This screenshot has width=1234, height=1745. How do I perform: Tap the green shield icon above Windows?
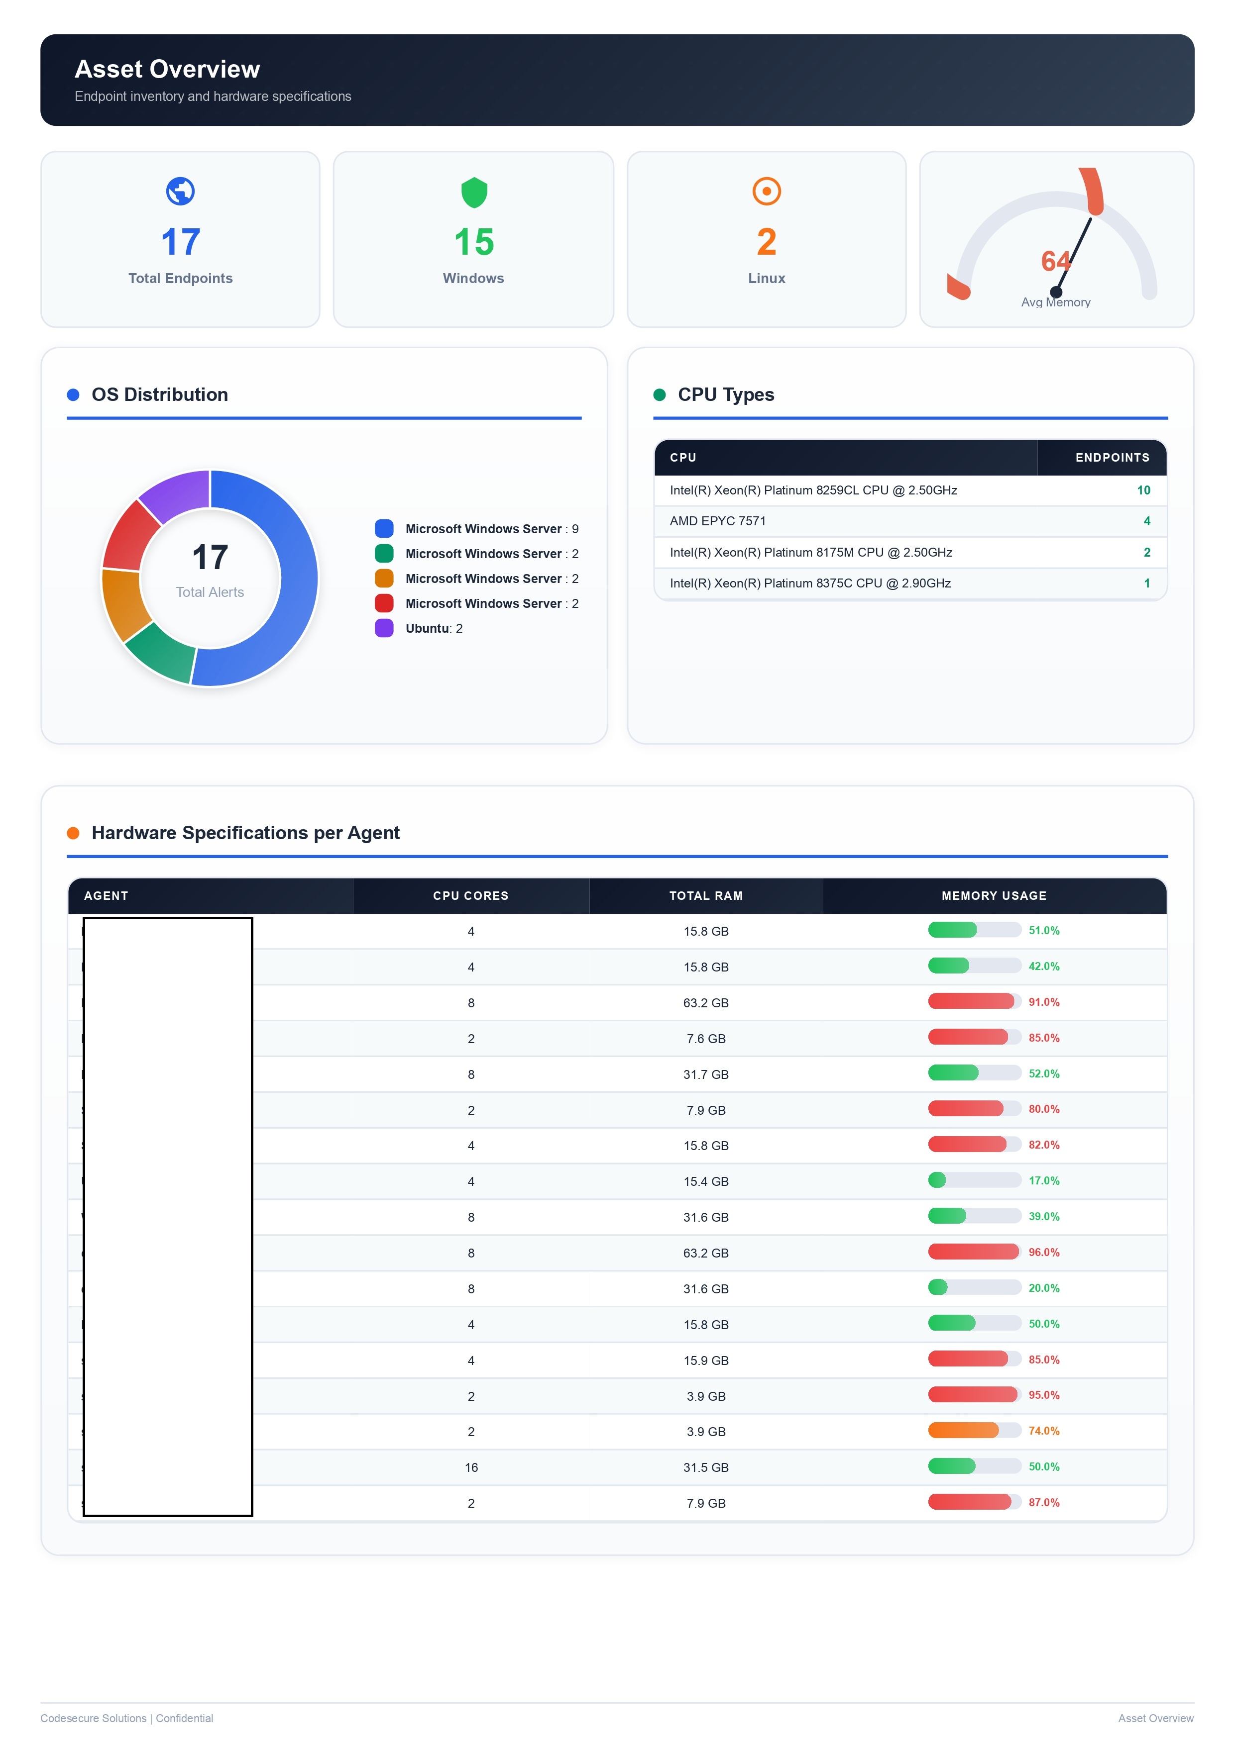pyautogui.click(x=474, y=193)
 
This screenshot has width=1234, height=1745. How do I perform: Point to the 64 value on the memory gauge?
pyautogui.click(x=1055, y=262)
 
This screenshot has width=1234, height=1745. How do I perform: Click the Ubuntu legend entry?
pyautogui.click(x=434, y=629)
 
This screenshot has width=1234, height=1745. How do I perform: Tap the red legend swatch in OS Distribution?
pyautogui.click(x=384, y=603)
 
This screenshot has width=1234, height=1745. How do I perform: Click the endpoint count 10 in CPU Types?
pyautogui.click(x=1143, y=490)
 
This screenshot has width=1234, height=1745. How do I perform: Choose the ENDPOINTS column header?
pyautogui.click(x=1112, y=458)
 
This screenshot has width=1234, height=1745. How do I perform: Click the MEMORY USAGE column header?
pyautogui.click(x=993, y=896)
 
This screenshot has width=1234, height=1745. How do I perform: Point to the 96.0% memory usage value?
pyautogui.click(x=1043, y=1253)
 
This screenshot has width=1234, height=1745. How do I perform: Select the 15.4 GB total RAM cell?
pyautogui.click(x=705, y=1182)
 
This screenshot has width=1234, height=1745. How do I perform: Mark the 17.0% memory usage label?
pyautogui.click(x=1043, y=1181)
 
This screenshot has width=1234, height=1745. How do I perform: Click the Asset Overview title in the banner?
pyautogui.click(x=167, y=69)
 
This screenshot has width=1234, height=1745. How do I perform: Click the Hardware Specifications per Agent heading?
pyautogui.click(x=245, y=833)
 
